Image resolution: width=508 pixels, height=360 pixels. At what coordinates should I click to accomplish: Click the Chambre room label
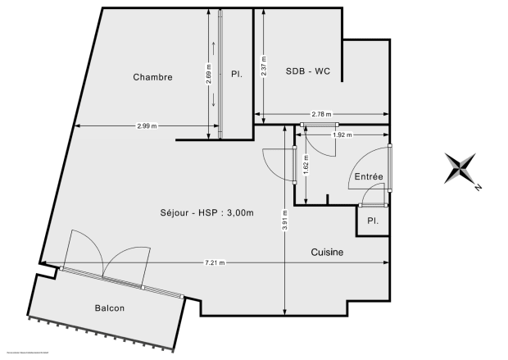click(153, 78)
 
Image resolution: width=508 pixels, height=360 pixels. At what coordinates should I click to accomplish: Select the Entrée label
click(369, 176)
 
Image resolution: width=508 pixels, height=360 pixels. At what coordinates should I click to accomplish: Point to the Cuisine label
click(327, 253)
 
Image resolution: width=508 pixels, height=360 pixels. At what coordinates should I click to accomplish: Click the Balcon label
click(109, 308)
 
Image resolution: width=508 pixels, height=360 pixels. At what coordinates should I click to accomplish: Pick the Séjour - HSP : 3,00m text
click(207, 213)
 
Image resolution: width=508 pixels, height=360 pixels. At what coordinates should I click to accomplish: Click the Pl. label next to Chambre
click(236, 72)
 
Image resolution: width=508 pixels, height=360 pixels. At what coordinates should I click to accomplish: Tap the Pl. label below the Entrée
click(372, 221)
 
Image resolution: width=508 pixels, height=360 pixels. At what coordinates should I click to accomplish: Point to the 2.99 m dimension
click(147, 125)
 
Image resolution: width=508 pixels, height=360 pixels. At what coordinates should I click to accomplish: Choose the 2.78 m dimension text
click(321, 113)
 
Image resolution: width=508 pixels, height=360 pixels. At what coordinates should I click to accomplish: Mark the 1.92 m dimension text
click(342, 134)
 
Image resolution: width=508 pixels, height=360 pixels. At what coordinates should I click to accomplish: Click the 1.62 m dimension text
click(306, 166)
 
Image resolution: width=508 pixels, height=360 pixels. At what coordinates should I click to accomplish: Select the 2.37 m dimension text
click(263, 65)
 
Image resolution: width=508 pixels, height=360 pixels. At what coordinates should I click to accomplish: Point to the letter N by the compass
click(478, 187)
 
